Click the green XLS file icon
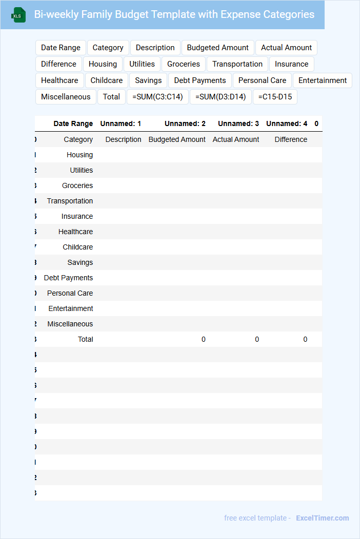(x=19, y=15)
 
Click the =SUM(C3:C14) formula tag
(x=157, y=97)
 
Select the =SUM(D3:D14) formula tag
(x=221, y=97)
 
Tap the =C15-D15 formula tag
(x=275, y=97)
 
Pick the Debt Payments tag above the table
(x=200, y=80)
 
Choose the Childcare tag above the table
(x=107, y=80)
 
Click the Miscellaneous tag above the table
(x=66, y=97)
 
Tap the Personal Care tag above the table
(x=262, y=80)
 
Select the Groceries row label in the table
(x=77, y=185)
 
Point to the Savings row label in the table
(x=80, y=262)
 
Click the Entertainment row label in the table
(x=71, y=308)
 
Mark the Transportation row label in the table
(x=70, y=201)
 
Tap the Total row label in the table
(x=85, y=339)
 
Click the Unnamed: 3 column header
(x=238, y=123)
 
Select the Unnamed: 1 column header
(x=121, y=123)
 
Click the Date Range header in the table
(x=73, y=123)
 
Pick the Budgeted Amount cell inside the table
(x=177, y=139)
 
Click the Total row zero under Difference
(x=305, y=339)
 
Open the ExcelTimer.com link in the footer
(x=323, y=518)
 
